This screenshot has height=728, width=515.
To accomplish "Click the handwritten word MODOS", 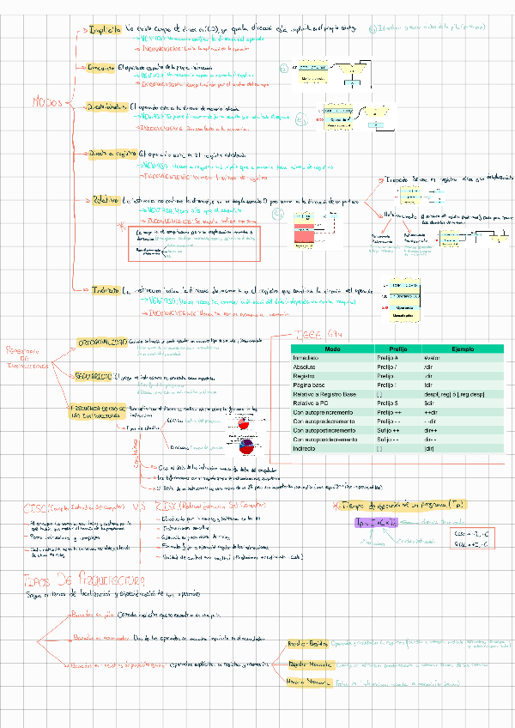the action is coord(47,101).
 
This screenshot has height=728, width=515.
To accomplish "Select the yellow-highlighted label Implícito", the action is coord(106,29).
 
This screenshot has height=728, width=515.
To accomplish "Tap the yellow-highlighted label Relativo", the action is coord(106,198).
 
